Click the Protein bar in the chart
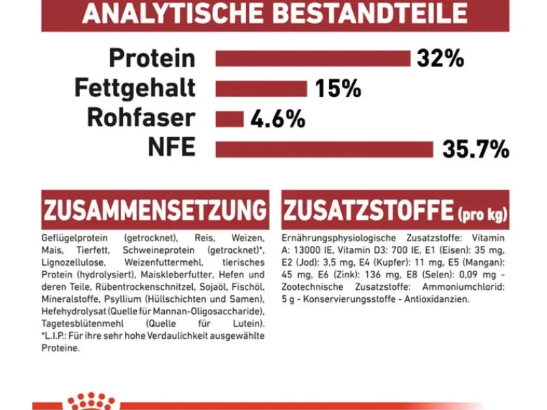(x=312, y=59)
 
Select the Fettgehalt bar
(x=261, y=89)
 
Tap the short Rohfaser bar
(x=230, y=119)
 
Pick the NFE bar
(x=324, y=149)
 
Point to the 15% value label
(x=338, y=89)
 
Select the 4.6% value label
(x=278, y=120)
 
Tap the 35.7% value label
(x=475, y=150)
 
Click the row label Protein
(x=152, y=59)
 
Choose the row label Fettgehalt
(x=135, y=89)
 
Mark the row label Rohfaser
(x=141, y=119)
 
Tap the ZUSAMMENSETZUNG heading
(x=155, y=209)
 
